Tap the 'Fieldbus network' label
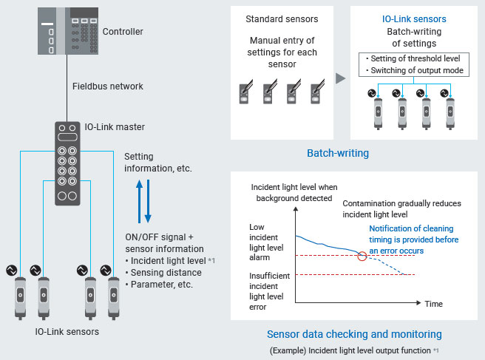(107, 86)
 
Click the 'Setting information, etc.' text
(158, 163)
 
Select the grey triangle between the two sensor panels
(341, 78)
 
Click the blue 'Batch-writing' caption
(339, 154)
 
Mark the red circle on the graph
(362, 256)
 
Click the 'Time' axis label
(434, 304)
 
